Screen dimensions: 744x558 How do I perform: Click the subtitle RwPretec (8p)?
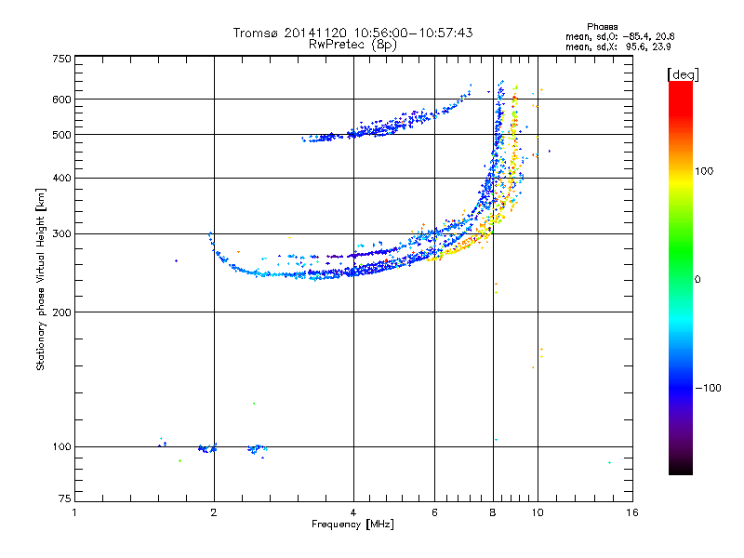click(x=352, y=45)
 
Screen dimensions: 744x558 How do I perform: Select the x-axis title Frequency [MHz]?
click(x=352, y=525)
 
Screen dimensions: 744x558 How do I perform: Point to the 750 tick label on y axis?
click(x=61, y=59)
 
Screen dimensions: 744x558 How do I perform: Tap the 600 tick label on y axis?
click(x=61, y=100)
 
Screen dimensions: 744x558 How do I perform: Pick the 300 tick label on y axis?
click(x=61, y=233)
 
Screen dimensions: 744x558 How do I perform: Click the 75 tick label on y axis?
click(x=65, y=498)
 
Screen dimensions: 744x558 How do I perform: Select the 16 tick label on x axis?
click(x=632, y=512)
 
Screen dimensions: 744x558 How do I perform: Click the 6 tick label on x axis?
click(x=434, y=512)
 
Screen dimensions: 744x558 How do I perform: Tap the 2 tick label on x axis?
click(x=214, y=512)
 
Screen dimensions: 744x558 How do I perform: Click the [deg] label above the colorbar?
click(x=683, y=74)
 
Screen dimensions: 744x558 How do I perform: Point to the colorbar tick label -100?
click(x=708, y=388)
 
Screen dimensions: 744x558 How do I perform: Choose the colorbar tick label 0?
click(x=697, y=279)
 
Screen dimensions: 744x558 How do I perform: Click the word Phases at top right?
click(x=602, y=27)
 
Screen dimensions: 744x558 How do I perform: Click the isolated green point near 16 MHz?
click(x=609, y=462)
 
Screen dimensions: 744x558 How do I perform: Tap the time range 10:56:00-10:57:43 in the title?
click(x=413, y=33)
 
